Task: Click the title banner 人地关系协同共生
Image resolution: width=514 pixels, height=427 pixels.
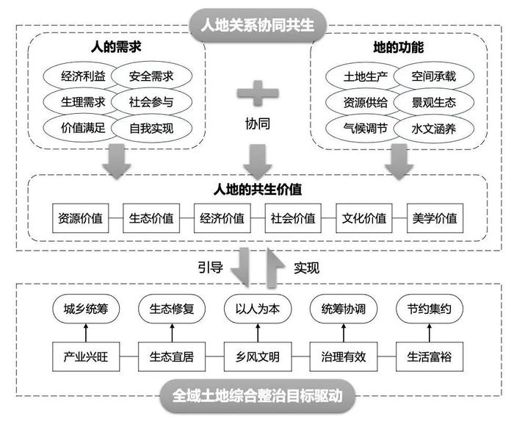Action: pos(257,24)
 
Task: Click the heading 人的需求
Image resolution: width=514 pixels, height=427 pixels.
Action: pos(116,49)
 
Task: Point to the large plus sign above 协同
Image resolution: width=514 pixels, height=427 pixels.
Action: pos(257,93)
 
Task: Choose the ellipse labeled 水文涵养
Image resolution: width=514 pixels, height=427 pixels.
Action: pos(435,128)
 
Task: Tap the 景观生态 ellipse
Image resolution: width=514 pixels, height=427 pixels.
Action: pos(435,101)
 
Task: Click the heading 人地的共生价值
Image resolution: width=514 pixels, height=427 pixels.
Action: pos(257,189)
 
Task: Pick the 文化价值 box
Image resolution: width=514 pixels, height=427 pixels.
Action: pos(364,218)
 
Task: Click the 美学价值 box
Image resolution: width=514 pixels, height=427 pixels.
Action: pos(435,218)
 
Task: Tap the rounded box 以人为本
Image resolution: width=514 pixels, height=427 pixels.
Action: pos(257,309)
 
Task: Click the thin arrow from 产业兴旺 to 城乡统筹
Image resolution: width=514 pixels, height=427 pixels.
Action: pos(85,333)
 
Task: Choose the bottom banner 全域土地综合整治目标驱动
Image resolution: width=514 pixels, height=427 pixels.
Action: pos(257,398)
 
